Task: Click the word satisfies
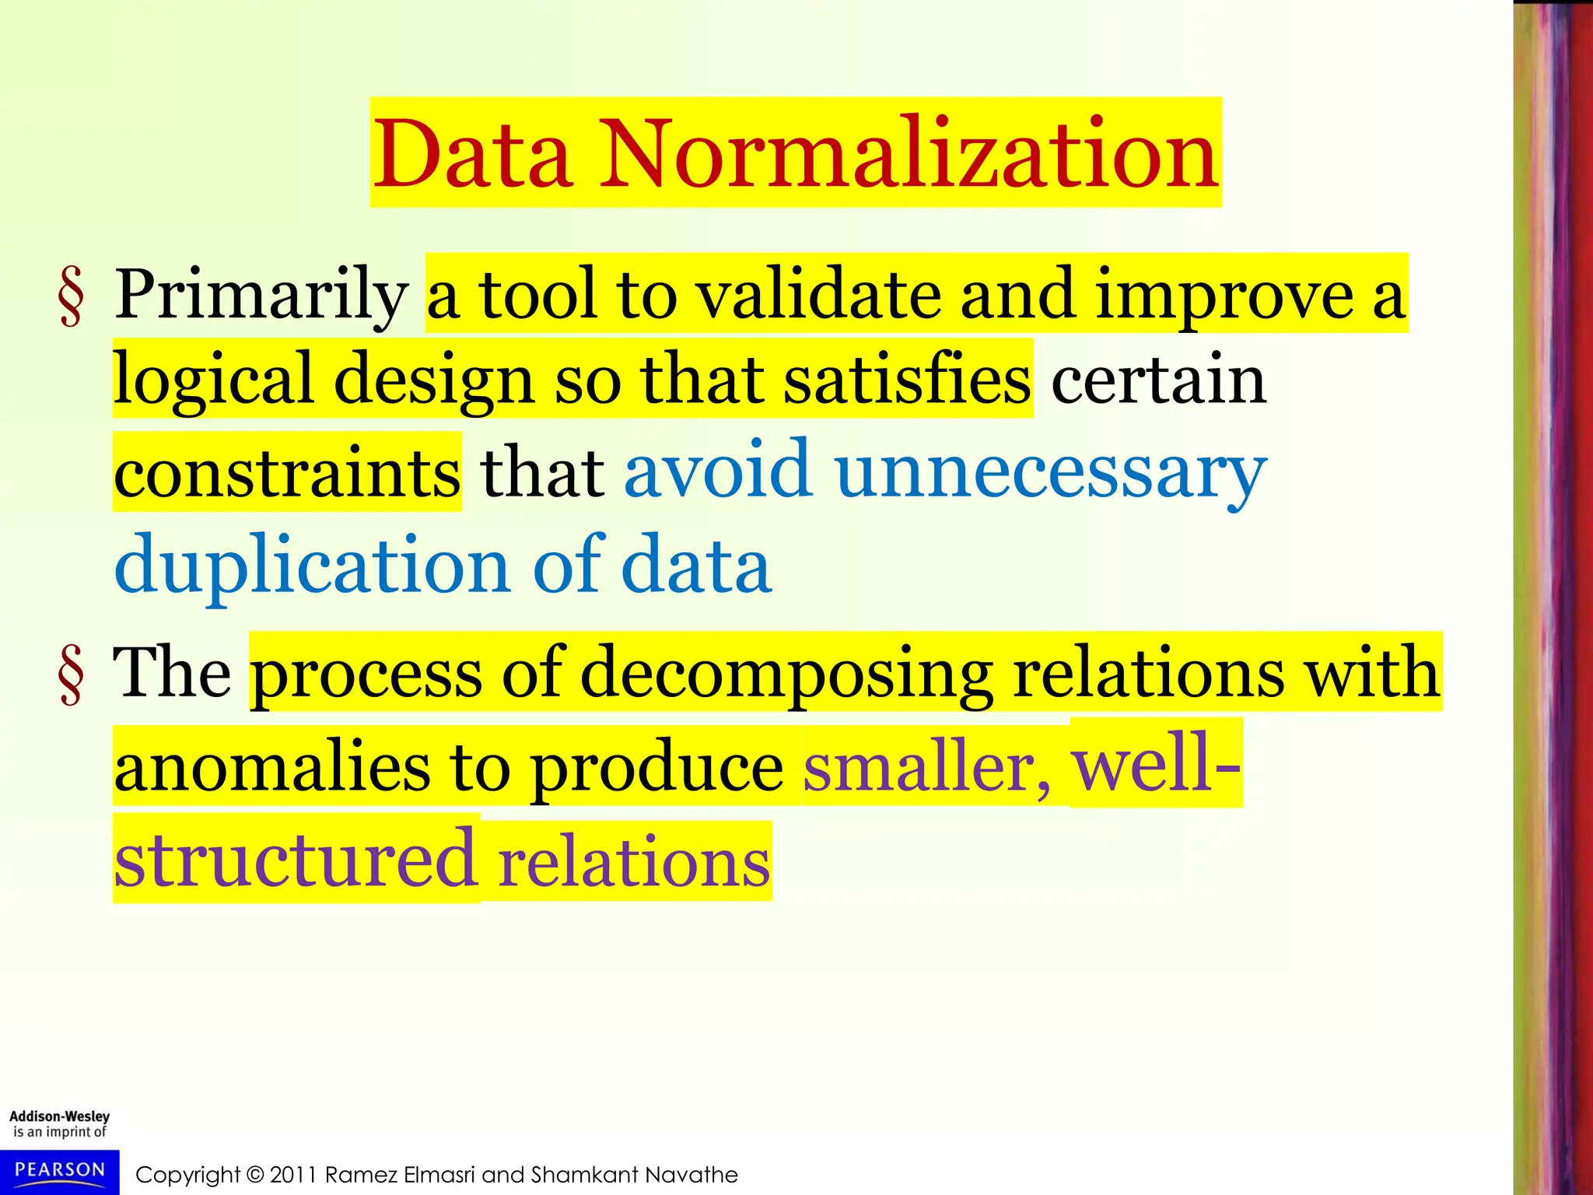(x=906, y=380)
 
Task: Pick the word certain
(x=1158, y=380)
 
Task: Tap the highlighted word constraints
(x=287, y=472)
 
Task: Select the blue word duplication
(x=312, y=566)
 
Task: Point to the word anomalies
(x=271, y=767)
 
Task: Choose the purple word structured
(x=295, y=860)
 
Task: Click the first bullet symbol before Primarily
(x=71, y=298)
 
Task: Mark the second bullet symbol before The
(x=71, y=676)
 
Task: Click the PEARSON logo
(x=59, y=1171)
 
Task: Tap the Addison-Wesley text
(x=59, y=1116)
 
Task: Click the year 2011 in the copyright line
(x=293, y=1175)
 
